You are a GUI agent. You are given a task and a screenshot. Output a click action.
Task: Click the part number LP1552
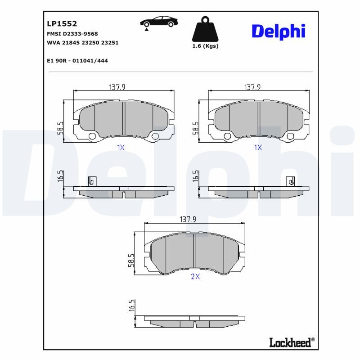point(62,24)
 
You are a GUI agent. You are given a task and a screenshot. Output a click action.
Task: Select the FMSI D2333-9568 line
point(72,34)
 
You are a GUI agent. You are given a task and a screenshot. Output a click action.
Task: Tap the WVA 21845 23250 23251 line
point(83,43)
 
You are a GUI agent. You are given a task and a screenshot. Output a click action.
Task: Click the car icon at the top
point(159,22)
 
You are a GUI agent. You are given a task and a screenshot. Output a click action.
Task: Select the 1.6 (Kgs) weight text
point(205,46)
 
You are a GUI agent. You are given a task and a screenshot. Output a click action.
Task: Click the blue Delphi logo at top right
point(279,31)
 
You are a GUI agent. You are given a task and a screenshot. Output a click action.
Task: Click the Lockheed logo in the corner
point(292,342)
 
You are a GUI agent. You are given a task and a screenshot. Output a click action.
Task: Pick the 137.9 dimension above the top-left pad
point(117,87)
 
